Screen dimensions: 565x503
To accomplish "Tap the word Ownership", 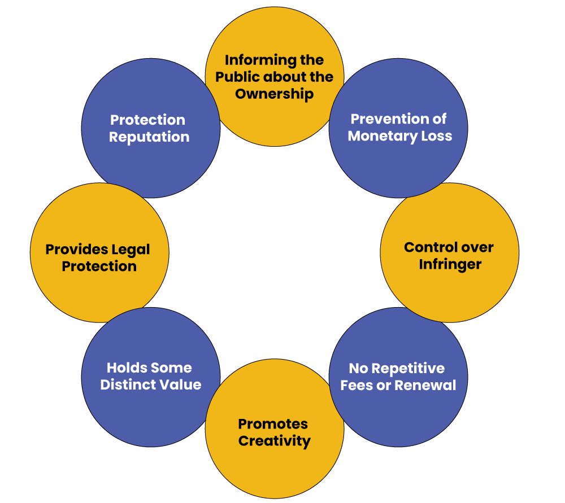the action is tap(275, 94).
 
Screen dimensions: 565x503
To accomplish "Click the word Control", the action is tap(424, 247).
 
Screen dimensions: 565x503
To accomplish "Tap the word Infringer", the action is tap(450, 265).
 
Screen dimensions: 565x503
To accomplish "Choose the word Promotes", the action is tap(273, 424).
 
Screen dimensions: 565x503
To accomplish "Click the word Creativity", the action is tap(275, 441).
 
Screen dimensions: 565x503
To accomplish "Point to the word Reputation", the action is tap(149, 137).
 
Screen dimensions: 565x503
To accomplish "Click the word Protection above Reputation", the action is tap(147, 120).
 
